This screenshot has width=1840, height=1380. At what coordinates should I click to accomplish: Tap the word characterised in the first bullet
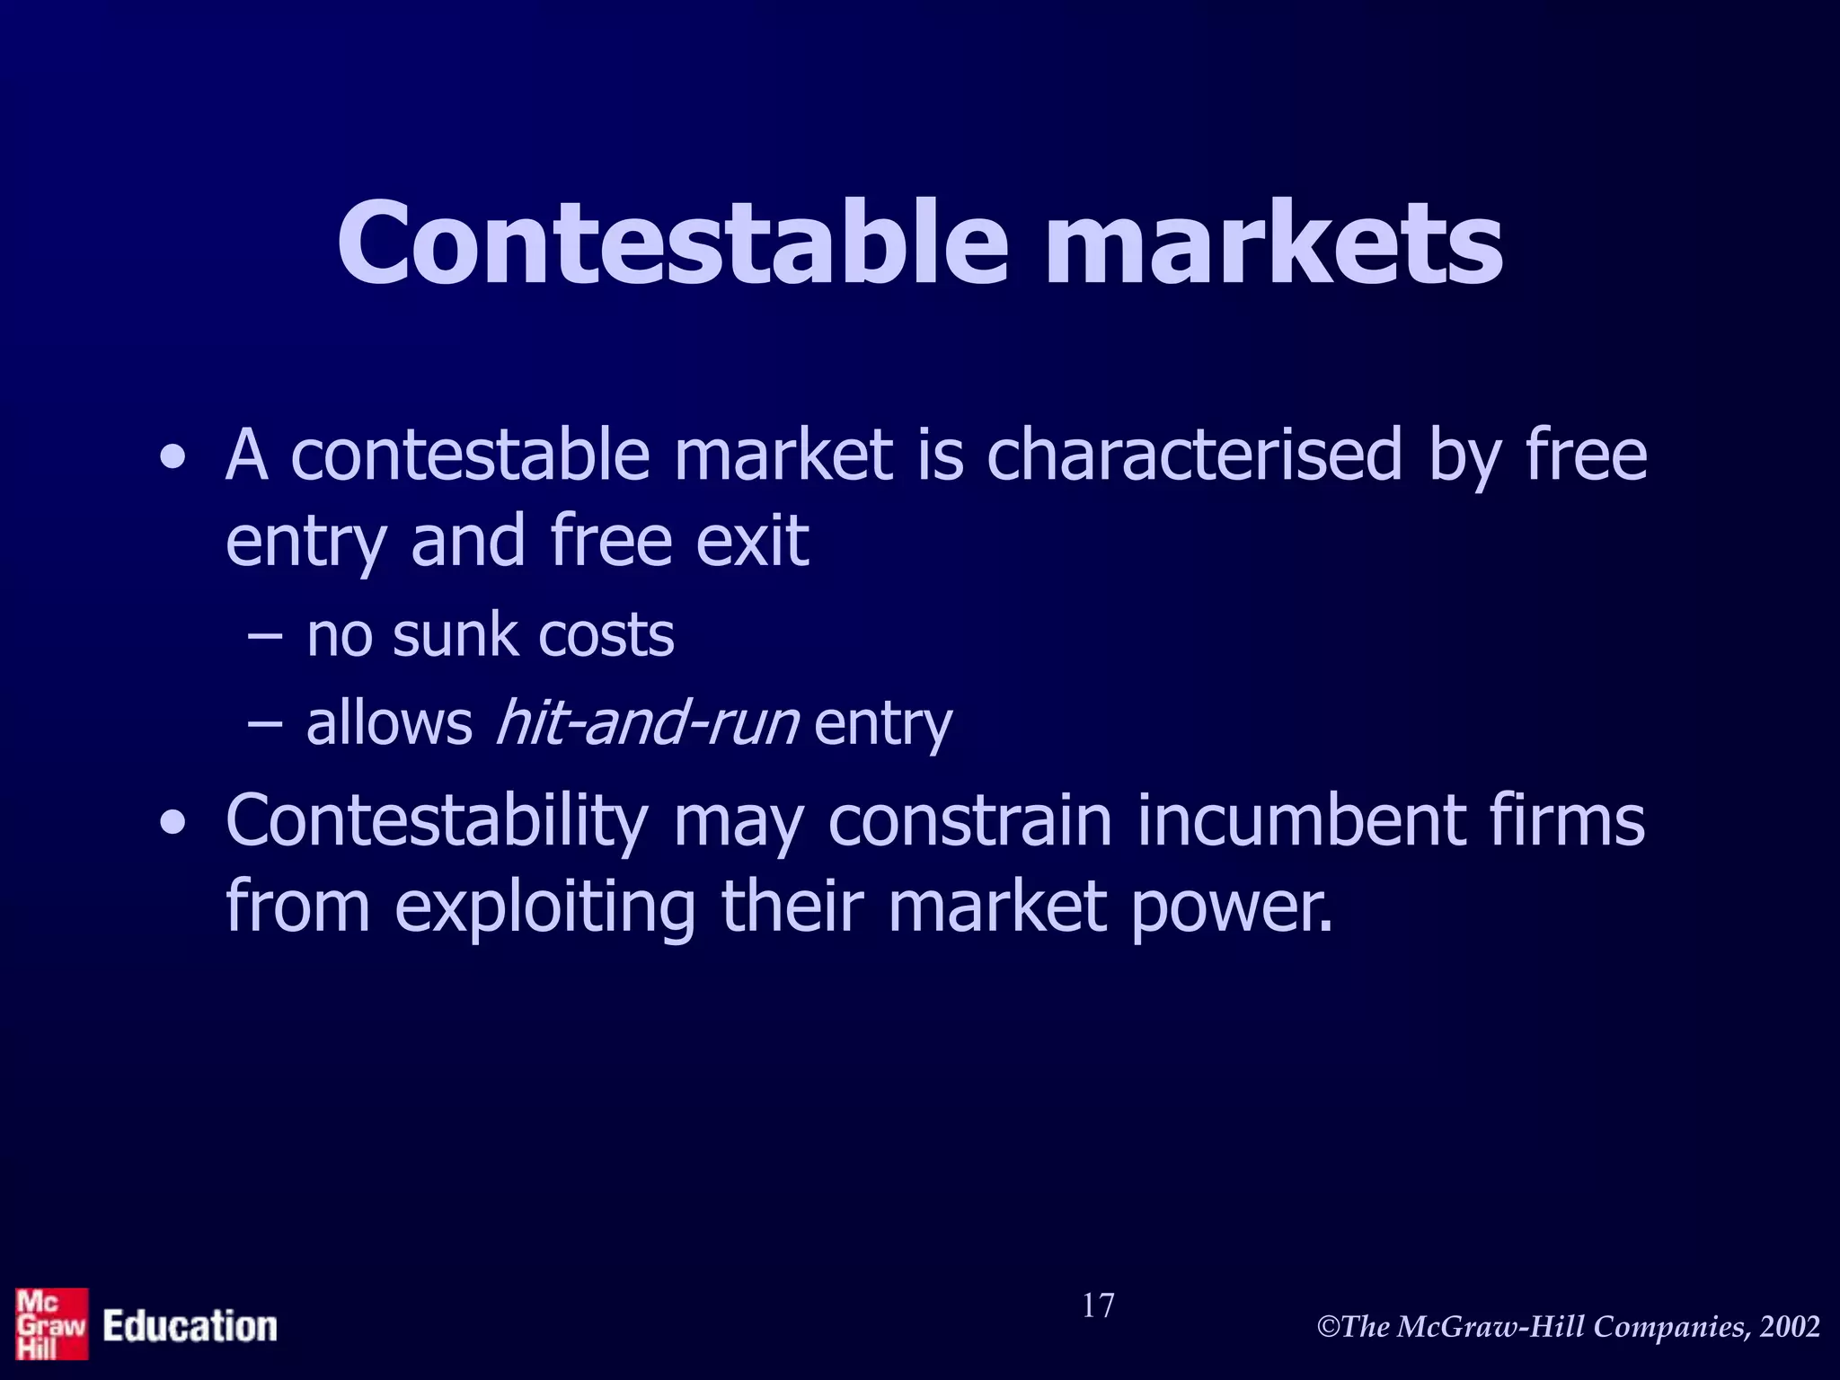[x=1194, y=455]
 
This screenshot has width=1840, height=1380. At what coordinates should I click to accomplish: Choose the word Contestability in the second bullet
[x=437, y=821]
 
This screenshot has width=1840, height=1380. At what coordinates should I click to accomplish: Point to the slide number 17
[x=1098, y=1305]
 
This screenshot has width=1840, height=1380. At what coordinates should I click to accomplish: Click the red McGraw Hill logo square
[x=52, y=1323]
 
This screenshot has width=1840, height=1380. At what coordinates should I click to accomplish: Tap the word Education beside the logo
[x=190, y=1326]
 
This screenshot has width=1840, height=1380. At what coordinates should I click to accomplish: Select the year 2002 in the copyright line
[x=1790, y=1327]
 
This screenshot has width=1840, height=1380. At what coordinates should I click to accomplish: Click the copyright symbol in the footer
[x=1328, y=1328]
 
